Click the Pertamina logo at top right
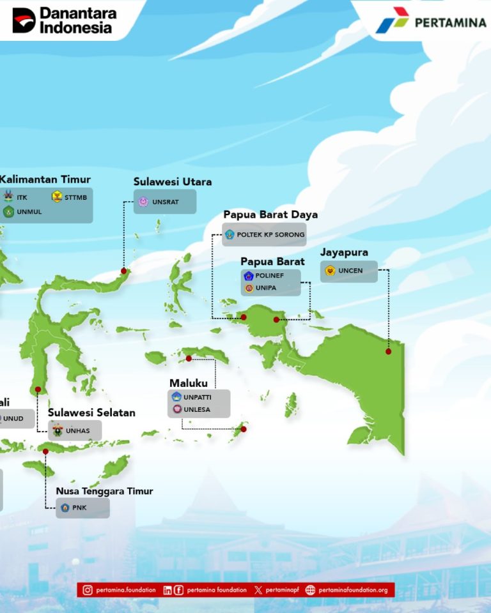coord(431,20)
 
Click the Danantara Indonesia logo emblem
coord(24,20)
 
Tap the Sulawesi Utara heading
coord(173,182)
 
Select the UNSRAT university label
coord(165,202)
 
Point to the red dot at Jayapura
coord(389,351)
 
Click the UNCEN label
coord(350,271)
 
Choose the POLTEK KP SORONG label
coord(270,234)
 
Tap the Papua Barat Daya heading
coord(270,215)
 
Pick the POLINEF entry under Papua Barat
coord(269,276)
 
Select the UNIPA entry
coord(266,288)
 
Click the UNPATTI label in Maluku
coord(198,397)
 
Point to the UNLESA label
coord(197,410)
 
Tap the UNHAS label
coord(77,431)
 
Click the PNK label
coord(79,508)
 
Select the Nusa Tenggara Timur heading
coord(105,491)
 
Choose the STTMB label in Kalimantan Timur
coord(75,197)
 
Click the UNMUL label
coord(29,212)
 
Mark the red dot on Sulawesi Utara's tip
coord(124,271)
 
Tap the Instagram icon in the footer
coord(88,590)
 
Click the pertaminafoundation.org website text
coord(353,590)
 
